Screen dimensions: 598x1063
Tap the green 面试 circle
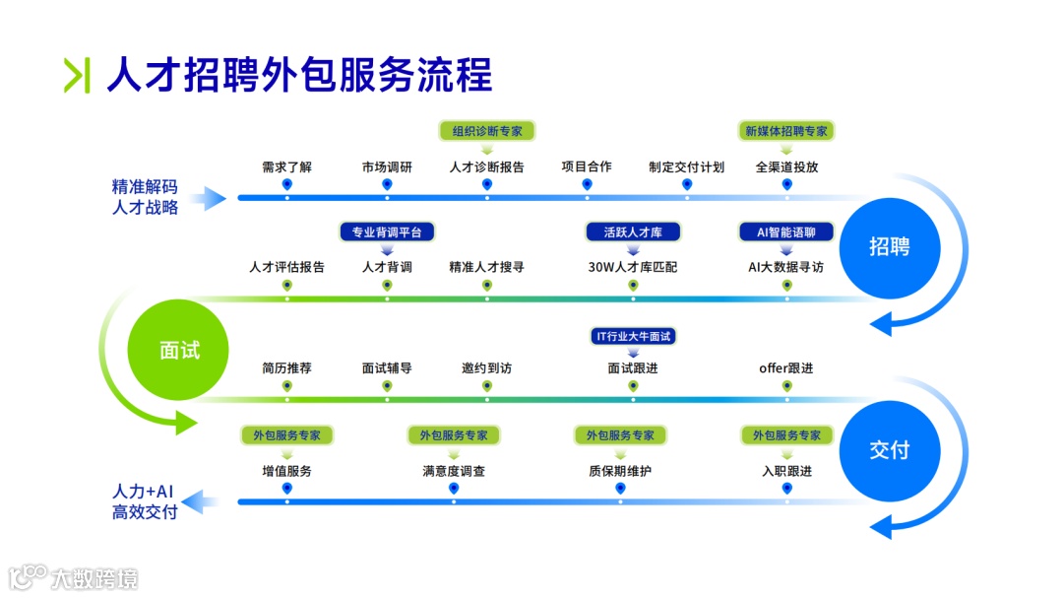coord(178,350)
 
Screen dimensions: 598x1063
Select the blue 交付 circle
coord(889,450)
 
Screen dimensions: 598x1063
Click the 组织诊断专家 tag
coord(487,131)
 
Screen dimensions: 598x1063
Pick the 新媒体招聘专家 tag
coord(786,131)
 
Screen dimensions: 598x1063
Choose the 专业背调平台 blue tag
coord(387,233)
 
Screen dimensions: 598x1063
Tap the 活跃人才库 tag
coord(633,233)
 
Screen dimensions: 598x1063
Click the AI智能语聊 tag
coord(786,233)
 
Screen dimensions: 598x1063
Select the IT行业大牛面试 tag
coord(633,336)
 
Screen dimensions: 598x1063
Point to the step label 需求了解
coord(286,166)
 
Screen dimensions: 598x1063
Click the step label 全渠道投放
coord(786,166)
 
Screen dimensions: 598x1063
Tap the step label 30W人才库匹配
coord(633,267)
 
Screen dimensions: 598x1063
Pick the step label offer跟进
coord(786,368)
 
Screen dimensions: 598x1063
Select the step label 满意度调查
coord(454,471)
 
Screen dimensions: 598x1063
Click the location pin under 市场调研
coord(387,184)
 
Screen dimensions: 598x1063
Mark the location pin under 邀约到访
coord(487,386)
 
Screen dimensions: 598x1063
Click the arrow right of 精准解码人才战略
coord(209,199)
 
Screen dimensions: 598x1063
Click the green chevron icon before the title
coord(77,76)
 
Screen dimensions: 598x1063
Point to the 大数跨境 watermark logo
coord(74,577)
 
